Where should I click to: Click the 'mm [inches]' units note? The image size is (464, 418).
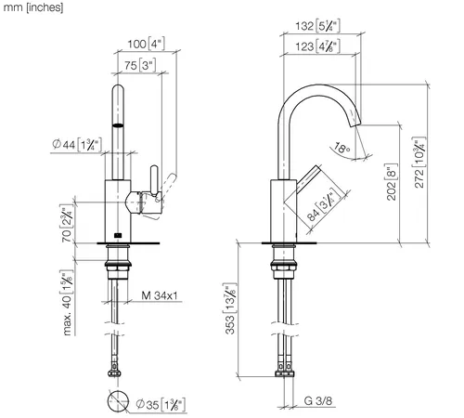(x=33, y=7)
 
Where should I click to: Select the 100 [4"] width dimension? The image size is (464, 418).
(x=147, y=44)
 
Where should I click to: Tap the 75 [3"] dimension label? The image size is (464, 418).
(x=140, y=65)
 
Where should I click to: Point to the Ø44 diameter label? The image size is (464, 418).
(x=77, y=144)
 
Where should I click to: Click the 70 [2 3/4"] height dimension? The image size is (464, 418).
(x=67, y=224)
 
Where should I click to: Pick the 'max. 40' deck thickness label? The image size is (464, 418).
(x=67, y=303)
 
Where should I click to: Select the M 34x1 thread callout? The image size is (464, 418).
(x=160, y=295)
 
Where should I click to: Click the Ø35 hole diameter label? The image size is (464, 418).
(x=161, y=404)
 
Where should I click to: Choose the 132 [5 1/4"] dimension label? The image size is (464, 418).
(x=317, y=26)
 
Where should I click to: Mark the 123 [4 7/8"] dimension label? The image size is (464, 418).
(x=317, y=46)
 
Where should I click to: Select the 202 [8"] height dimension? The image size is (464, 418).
(x=392, y=182)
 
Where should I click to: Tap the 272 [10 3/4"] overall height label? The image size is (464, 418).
(x=419, y=163)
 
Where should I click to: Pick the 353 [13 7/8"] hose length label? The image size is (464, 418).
(x=230, y=308)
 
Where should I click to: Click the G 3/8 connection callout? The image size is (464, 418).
(x=318, y=401)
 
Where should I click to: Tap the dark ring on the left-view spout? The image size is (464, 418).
(x=118, y=125)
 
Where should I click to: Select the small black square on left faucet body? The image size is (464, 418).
(x=118, y=236)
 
